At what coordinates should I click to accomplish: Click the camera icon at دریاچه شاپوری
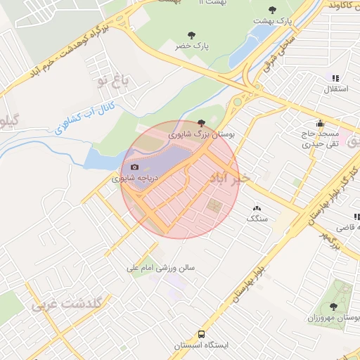[x=134, y=167]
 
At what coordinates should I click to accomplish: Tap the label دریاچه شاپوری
[x=136, y=179]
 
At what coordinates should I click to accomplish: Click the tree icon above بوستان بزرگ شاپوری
[x=202, y=122]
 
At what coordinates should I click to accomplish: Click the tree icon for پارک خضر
[x=191, y=34]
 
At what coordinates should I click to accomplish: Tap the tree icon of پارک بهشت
[x=273, y=10]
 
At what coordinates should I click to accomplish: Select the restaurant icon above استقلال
[x=335, y=78]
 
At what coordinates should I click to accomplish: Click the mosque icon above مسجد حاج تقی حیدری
[x=321, y=122]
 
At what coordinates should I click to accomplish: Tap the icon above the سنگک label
[x=256, y=208]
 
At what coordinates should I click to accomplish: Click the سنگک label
[x=257, y=219]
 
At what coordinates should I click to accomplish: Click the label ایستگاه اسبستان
[x=202, y=346]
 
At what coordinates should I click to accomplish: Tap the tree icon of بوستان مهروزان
[x=333, y=307]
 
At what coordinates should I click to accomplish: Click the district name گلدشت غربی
[x=67, y=304]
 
